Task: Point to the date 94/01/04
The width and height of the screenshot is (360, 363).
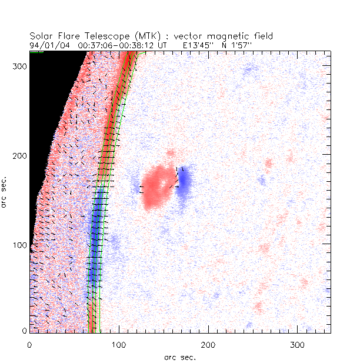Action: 46,44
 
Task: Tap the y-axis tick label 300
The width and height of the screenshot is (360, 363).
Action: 18,67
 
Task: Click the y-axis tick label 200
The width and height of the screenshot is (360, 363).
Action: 18,156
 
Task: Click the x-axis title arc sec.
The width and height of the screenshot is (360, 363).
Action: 180,357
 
